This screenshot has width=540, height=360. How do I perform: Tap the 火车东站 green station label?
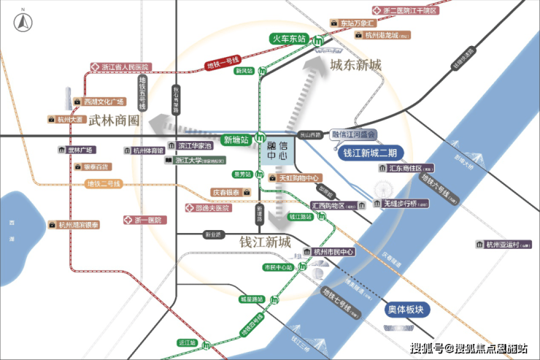tap(288, 39)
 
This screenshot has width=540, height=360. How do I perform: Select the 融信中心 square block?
tap(278, 152)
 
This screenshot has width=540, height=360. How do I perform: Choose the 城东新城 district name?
tap(355, 65)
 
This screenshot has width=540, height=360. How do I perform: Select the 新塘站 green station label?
tap(236, 139)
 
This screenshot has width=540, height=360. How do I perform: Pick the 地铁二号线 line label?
tap(102, 183)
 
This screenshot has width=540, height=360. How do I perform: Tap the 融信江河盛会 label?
tap(352, 134)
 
